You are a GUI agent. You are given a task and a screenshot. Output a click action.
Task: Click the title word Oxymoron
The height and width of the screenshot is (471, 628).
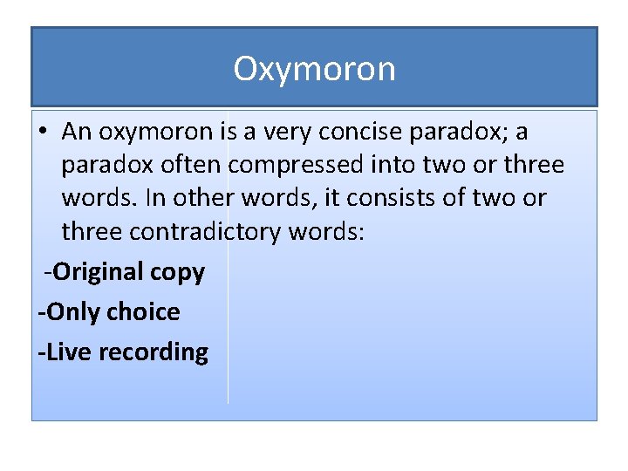(x=314, y=69)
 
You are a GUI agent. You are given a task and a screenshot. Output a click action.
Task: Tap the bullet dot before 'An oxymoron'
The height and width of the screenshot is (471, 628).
(x=43, y=133)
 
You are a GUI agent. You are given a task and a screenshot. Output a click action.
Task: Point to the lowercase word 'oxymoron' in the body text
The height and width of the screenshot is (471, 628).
(x=155, y=133)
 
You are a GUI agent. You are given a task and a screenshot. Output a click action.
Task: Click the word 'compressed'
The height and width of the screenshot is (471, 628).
(x=287, y=165)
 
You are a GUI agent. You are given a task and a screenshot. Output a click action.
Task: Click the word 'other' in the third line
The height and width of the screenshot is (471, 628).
(x=203, y=198)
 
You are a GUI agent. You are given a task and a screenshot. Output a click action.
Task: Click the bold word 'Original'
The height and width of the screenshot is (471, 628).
(x=96, y=272)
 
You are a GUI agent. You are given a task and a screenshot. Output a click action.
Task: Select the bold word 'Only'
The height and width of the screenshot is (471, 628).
(x=72, y=311)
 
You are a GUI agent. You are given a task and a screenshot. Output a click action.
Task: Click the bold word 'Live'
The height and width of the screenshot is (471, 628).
(x=71, y=352)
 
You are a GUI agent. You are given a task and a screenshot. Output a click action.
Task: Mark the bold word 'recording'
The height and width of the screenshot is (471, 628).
(x=154, y=352)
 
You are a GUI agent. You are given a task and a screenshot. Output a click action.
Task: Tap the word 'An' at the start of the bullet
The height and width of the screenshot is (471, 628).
(x=77, y=132)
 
